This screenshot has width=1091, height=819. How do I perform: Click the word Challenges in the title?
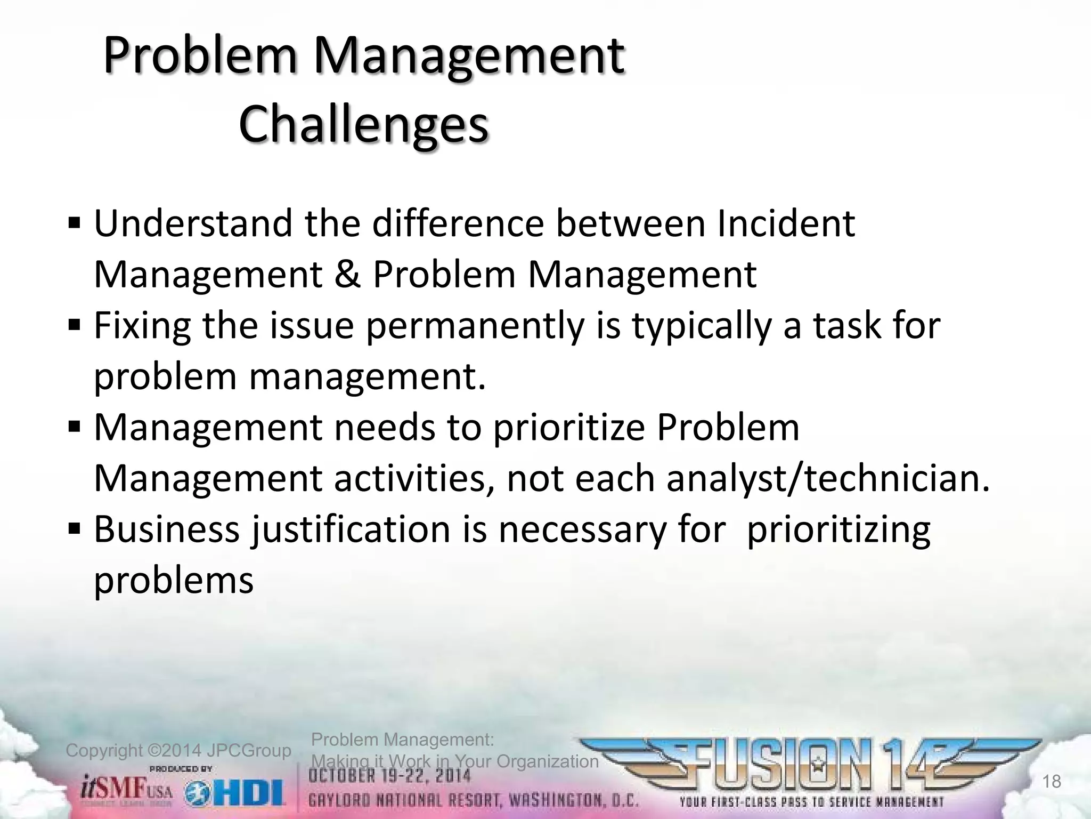[x=363, y=124]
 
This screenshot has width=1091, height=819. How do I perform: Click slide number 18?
[x=1052, y=782]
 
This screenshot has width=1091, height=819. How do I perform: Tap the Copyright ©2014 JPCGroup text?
[x=178, y=751]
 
